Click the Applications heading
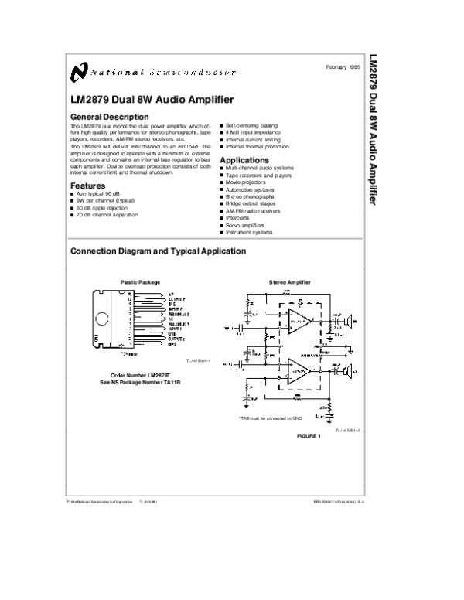tap(244, 159)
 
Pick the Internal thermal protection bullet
tap(258, 146)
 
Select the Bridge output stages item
tap(254, 203)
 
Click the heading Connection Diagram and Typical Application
tap(158, 251)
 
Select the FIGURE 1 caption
tap(308, 435)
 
